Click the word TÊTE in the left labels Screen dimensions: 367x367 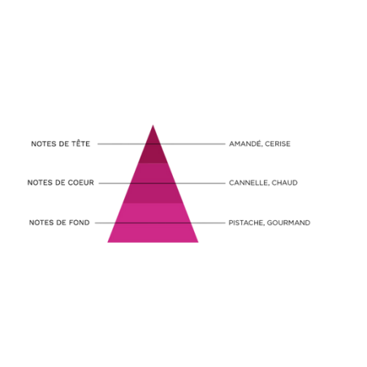point(80,143)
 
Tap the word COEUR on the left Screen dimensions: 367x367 point(80,183)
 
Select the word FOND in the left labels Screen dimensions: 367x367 point(79,222)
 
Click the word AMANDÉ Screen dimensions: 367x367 point(245,144)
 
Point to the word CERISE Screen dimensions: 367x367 point(278,144)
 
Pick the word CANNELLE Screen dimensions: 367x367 point(248,183)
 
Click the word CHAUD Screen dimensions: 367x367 point(284,183)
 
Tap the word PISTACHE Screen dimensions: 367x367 point(246,222)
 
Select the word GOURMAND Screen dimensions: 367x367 point(288,222)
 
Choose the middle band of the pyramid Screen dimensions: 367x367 point(153,183)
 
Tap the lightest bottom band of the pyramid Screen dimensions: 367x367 point(153,222)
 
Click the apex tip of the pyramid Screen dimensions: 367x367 point(153,125)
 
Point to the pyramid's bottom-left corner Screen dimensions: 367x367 point(108,242)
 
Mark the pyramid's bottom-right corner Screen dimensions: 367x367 point(198,242)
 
